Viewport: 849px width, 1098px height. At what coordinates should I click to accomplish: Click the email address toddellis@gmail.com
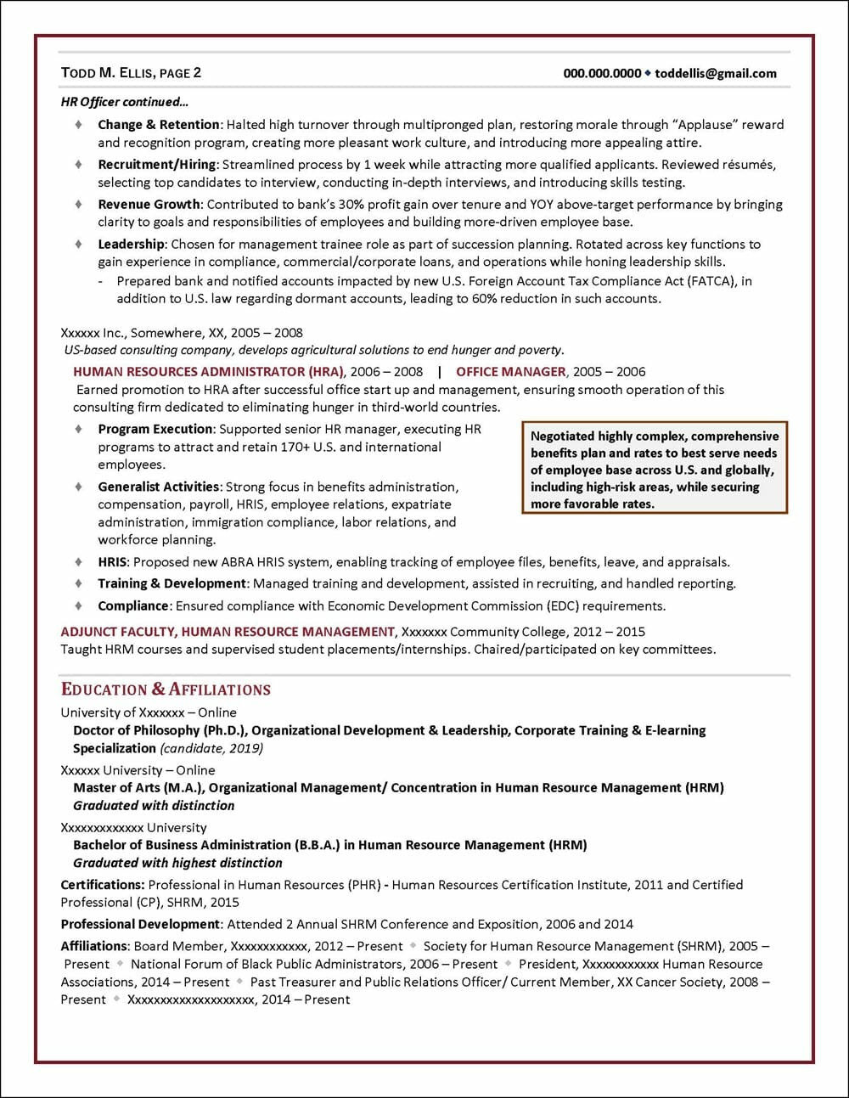[716, 73]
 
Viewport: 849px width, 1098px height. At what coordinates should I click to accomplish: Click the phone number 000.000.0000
[602, 73]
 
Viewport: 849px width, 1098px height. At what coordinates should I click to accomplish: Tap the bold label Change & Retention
[158, 125]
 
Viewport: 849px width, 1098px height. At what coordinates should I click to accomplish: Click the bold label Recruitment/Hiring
[157, 165]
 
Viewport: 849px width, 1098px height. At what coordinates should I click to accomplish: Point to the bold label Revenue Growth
[149, 205]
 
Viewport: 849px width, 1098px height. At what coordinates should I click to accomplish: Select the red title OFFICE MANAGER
[510, 372]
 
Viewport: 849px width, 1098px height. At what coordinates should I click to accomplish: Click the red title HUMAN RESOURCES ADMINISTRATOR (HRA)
[208, 372]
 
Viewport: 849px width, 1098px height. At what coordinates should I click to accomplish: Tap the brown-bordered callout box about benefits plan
[654, 469]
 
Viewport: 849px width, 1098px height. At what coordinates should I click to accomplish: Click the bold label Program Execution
[155, 430]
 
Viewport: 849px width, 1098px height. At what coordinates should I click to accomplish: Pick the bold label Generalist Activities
[158, 487]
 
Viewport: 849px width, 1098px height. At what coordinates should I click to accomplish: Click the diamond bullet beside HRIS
[78, 561]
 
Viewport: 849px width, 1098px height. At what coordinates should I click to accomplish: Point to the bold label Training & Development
[171, 584]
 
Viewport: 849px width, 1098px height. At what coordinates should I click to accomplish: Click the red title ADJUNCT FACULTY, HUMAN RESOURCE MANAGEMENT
[228, 632]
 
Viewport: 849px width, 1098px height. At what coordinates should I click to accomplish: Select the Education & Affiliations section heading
[166, 690]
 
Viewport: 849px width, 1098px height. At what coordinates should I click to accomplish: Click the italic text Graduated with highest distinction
[177, 863]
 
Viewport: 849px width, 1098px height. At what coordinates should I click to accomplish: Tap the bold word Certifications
[101, 885]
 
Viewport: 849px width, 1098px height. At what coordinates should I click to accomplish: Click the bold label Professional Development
[140, 924]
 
